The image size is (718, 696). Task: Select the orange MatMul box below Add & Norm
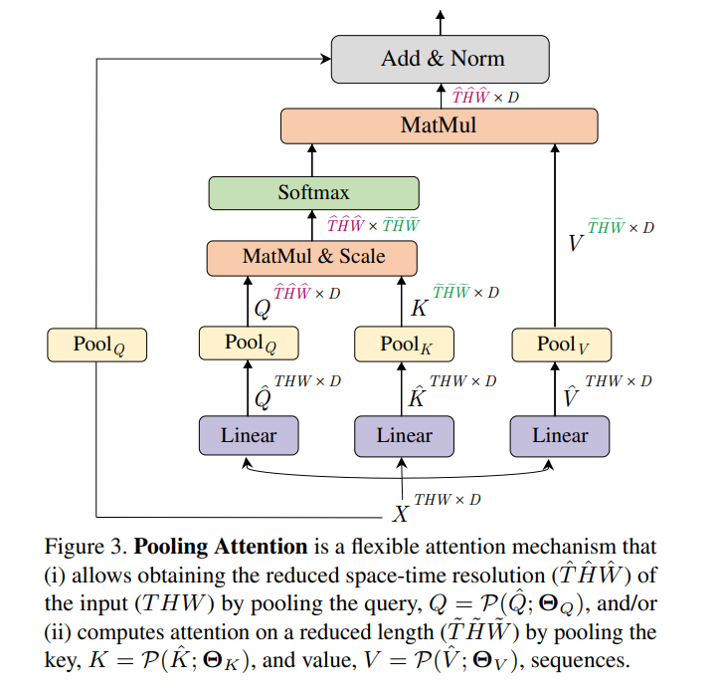[439, 125]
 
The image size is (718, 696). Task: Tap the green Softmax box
[313, 192]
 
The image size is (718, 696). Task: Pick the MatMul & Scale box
[312, 257]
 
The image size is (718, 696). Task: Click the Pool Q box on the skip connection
[96, 346]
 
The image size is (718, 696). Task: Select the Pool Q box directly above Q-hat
[249, 344]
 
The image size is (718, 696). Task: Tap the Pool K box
[404, 345]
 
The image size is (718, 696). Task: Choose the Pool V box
[561, 345]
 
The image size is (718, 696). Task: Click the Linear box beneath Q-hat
[249, 435]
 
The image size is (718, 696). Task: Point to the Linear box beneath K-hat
[404, 435]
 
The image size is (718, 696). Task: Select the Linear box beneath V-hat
[560, 435]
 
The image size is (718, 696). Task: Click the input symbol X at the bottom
[401, 513]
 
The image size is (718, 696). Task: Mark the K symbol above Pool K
[419, 308]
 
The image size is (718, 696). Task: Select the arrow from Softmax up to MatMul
[313, 159]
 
